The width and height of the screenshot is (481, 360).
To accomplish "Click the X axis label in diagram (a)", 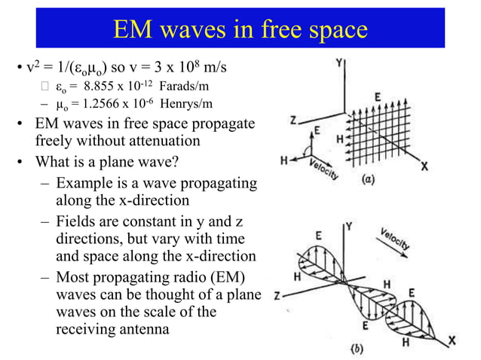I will [x=424, y=167].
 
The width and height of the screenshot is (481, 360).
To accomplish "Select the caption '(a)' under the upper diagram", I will [x=368, y=181].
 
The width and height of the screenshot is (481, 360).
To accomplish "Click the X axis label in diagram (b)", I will [x=452, y=341].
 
